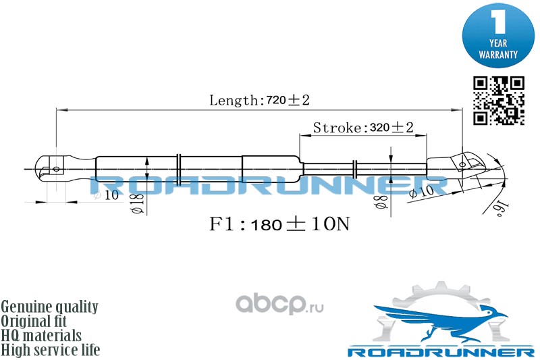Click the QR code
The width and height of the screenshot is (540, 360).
[x=498, y=101]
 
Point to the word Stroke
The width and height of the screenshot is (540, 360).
[x=336, y=128]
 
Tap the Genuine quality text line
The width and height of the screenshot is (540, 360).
[x=50, y=307]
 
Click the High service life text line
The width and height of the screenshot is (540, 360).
[x=51, y=350]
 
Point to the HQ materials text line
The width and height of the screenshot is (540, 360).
[x=42, y=336]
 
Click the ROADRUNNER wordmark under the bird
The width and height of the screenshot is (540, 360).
[x=441, y=352]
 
